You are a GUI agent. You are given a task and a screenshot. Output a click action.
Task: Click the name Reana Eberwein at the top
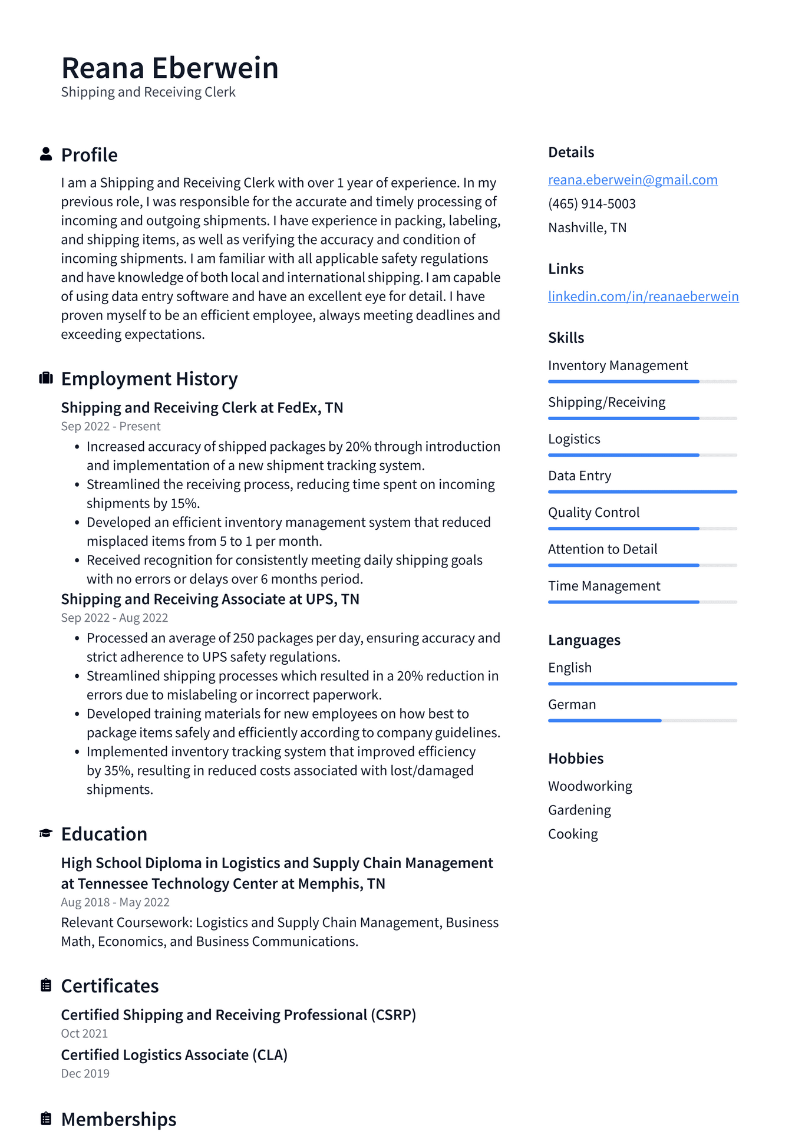pyautogui.click(x=170, y=68)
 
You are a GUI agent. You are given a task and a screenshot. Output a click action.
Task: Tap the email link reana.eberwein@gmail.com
pyautogui.click(x=632, y=180)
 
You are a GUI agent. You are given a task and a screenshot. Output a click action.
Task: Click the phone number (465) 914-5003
pyautogui.click(x=592, y=204)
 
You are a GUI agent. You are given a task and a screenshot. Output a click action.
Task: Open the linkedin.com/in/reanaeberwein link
pyautogui.click(x=643, y=296)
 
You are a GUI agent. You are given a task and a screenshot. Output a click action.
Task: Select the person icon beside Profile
pyautogui.click(x=46, y=154)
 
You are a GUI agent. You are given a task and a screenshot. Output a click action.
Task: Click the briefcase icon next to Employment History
pyautogui.click(x=46, y=378)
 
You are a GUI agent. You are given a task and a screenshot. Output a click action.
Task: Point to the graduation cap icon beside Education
pyautogui.click(x=46, y=833)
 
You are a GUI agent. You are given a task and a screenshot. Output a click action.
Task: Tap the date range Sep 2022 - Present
pyautogui.click(x=111, y=426)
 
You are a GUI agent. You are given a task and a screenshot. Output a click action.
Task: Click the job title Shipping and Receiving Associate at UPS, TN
pyautogui.click(x=210, y=599)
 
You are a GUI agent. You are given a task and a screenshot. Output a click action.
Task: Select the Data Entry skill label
pyautogui.click(x=579, y=476)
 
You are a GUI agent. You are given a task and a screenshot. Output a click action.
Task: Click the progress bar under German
pyautogui.click(x=642, y=720)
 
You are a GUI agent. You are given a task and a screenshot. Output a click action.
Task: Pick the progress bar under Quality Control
pyautogui.click(x=642, y=529)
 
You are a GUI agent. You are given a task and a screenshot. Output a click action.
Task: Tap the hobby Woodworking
pyautogui.click(x=590, y=786)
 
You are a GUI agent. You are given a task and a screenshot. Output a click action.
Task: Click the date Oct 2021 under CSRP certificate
pyautogui.click(x=84, y=1034)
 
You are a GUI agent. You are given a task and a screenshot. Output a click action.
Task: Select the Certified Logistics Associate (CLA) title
pyautogui.click(x=174, y=1055)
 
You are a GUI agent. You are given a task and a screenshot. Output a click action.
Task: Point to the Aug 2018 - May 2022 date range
pyautogui.click(x=115, y=902)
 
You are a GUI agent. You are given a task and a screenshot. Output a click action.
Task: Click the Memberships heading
pyautogui.click(x=118, y=1119)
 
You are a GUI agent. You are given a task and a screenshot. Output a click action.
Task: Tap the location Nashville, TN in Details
pyautogui.click(x=587, y=227)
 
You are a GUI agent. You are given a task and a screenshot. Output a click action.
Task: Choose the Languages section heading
pyautogui.click(x=584, y=640)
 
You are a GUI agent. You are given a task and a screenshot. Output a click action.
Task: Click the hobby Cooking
pyautogui.click(x=573, y=834)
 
